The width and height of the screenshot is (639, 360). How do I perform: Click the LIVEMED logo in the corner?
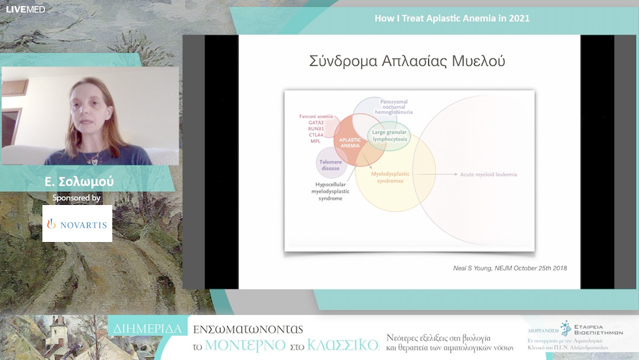[25, 9]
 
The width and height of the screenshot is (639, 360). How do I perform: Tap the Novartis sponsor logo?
[77, 224]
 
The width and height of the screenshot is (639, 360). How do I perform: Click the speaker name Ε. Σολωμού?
[79, 181]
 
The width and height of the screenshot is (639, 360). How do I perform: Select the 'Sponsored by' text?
[76, 198]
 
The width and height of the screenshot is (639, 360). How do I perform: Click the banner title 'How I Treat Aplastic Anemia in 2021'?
[452, 18]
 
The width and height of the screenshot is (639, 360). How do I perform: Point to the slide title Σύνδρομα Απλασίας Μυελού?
[407, 61]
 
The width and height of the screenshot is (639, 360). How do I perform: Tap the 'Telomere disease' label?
[330, 165]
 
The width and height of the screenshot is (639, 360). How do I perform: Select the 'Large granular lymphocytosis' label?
[389, 135]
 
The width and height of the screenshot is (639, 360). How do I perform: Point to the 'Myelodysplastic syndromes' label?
[387, 177]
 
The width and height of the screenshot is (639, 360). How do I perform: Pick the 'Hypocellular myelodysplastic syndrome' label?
[331, 191]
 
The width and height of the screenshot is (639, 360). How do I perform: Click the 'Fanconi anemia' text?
[317, 116]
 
